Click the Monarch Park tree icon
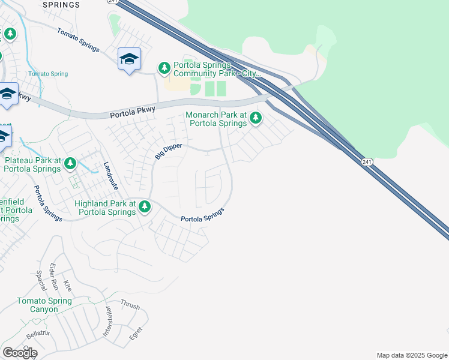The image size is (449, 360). [256, 117]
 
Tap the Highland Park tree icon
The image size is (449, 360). [145, 207]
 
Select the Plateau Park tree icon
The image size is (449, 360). [70, 163]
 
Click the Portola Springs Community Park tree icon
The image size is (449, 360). [164, 68]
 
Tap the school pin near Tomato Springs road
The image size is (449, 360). [129, 59]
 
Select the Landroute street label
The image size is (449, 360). [110, 176]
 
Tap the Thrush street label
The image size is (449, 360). [130, 305]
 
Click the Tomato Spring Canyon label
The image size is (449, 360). [44, 305]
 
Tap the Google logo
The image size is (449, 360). [20, 353]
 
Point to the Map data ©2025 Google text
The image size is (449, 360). [412, 355]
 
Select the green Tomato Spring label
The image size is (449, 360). [48, 74]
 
